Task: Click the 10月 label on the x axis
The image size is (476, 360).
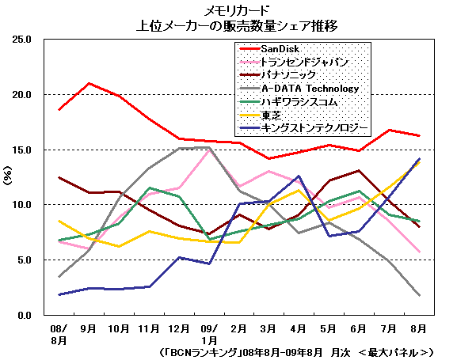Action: [x=120, y=328]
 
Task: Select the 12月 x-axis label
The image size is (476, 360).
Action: [x=179, y=328]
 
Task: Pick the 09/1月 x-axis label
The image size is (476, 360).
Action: [x=209, y=332]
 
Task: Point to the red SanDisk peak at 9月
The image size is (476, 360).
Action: [x=89, y=83]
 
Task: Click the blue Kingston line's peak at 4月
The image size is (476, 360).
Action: [x=299, y=176]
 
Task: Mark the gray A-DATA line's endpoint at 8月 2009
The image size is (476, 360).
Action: [x=419, y=295]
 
